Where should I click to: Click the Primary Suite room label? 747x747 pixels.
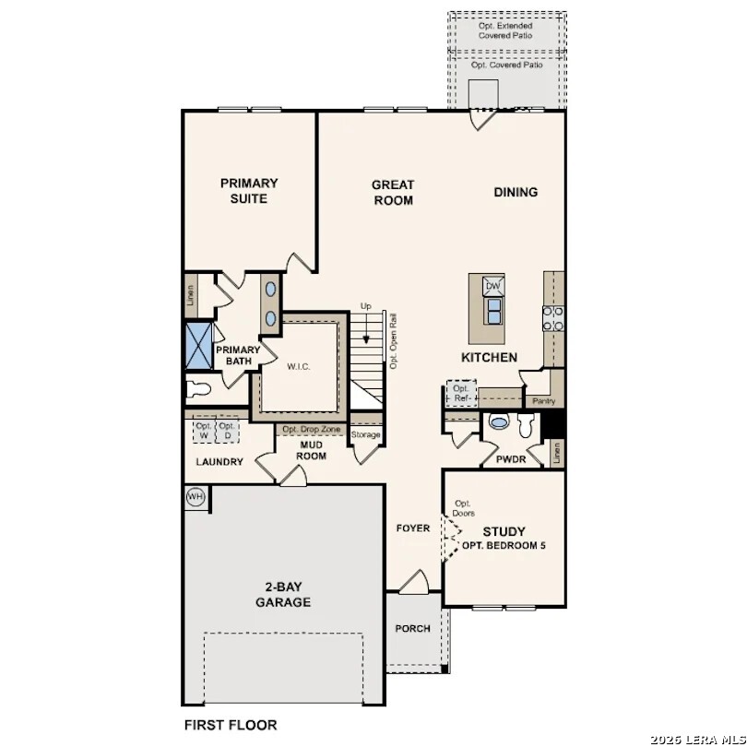(248, 191)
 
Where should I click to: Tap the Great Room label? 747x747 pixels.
(393, 192)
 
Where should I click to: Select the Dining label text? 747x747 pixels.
(516, 192)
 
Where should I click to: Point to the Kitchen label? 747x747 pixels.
(489, 357)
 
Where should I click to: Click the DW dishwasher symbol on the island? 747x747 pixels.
(492, 286)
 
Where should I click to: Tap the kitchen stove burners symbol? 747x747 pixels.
(553, 318)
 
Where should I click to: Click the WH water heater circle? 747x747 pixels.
(195, 497)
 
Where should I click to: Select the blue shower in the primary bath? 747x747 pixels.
(198, 345)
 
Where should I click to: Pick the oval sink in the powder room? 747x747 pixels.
(498, 422)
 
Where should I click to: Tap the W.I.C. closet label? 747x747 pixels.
(298, 366)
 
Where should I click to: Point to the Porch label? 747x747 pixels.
(413, 628)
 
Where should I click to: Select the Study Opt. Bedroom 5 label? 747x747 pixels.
(504, 538)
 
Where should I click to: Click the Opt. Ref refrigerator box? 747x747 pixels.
(461, 393)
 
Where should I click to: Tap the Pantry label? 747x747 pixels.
(544, 401)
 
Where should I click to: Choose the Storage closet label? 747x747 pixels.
(365, 434)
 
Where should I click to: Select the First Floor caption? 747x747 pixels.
(231, 725)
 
